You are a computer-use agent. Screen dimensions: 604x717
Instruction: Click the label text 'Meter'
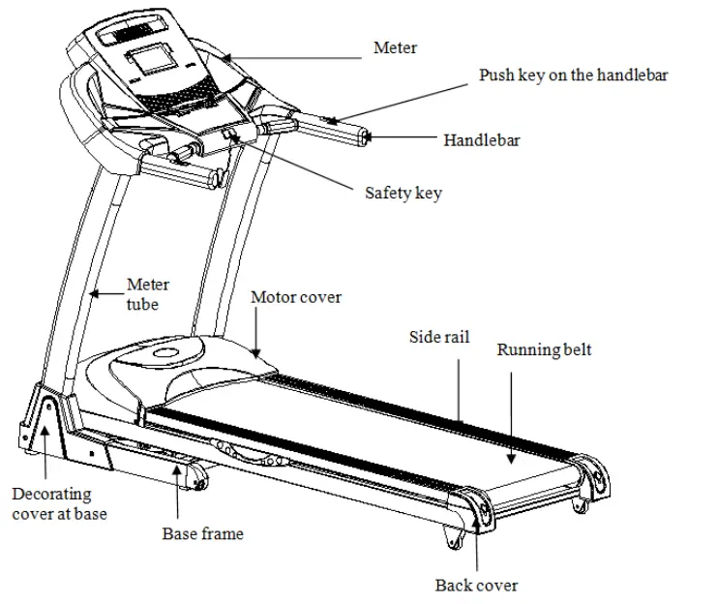395,47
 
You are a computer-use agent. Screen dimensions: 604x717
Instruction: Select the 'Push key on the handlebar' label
573,75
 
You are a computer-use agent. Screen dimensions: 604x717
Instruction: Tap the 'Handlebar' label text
481,140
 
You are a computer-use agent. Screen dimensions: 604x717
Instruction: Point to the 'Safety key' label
403,193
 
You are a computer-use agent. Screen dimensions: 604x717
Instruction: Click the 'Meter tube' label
148,294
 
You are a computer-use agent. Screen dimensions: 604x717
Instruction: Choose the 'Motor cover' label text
295,297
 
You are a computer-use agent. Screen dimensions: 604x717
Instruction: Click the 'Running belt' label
544,349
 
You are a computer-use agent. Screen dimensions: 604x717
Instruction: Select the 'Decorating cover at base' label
59,503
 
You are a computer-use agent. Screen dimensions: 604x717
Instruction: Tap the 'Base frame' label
202,533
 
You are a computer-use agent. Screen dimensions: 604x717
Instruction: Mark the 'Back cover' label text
476,585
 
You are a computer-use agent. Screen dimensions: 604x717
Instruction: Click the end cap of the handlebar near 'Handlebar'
365,137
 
